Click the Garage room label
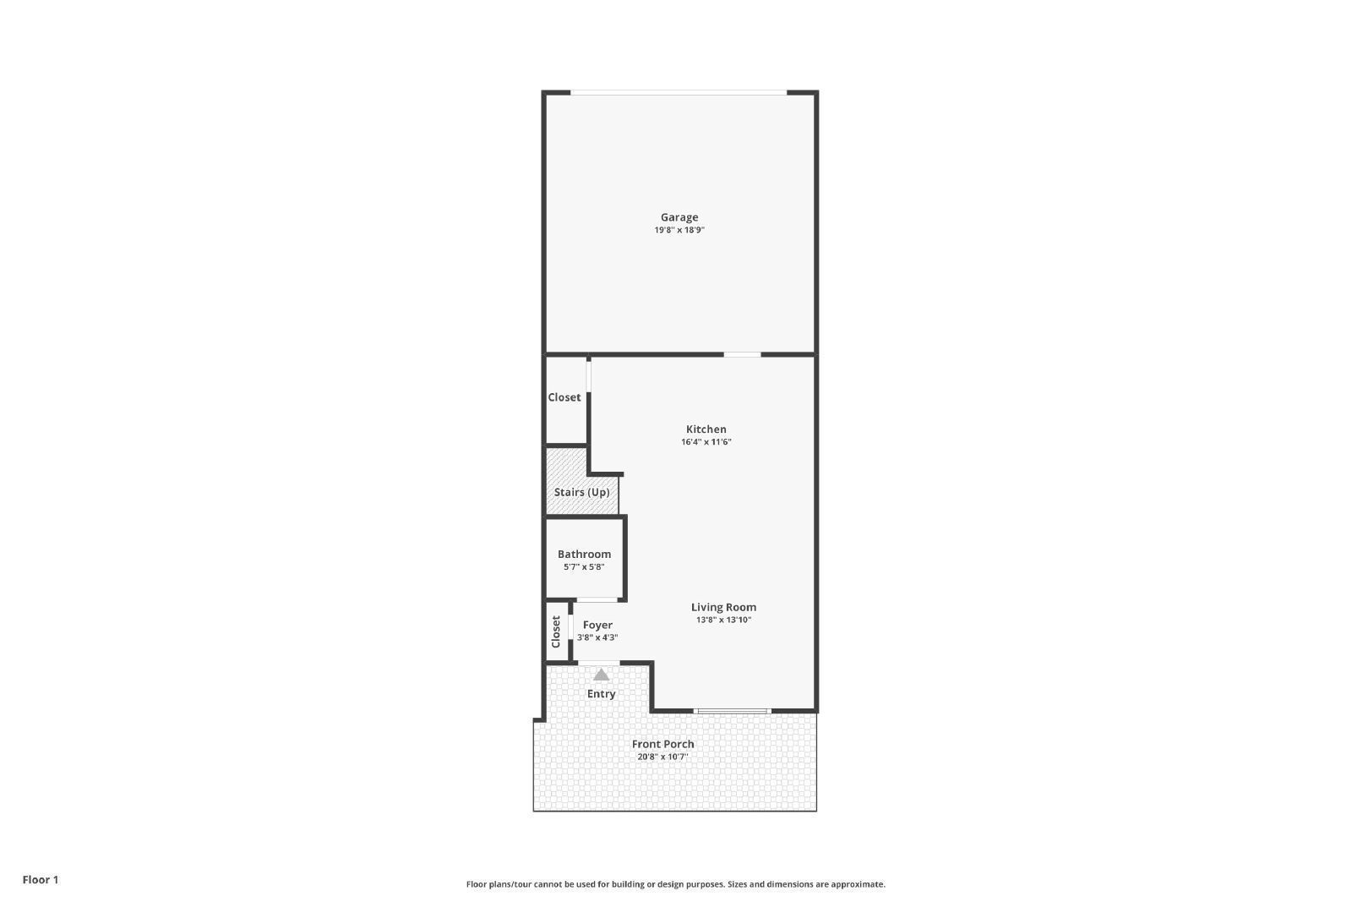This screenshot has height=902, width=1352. click(679, 217)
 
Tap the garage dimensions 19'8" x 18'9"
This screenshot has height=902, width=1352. click(679, 230)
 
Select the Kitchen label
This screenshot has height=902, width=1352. click(706, 429)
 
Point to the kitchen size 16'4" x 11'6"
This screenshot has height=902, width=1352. click(706, 442)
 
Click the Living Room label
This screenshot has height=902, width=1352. click(723, 607)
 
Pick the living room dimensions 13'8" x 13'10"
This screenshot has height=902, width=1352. click(723, 620)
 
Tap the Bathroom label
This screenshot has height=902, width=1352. click(584, 555)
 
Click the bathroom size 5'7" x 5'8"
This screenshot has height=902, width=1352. click(584, 567)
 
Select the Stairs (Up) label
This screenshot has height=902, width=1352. click(581, 492)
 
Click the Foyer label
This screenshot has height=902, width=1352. click(597, 626)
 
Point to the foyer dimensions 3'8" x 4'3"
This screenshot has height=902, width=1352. click(597, 637)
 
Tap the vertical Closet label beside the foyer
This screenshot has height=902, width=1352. click(556, 631)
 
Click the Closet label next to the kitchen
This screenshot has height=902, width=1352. click(564, 397)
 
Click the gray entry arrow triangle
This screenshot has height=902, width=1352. click(601, 675)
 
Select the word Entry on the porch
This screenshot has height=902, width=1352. click(601, 694)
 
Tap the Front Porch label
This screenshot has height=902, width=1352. click(662, 744)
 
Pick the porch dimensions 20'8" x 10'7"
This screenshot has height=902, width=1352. click(662, 757)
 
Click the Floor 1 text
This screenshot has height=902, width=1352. click(41, 880)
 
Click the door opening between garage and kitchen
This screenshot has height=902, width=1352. click(742, 354)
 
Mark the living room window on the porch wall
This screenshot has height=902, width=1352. click(732, 711)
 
